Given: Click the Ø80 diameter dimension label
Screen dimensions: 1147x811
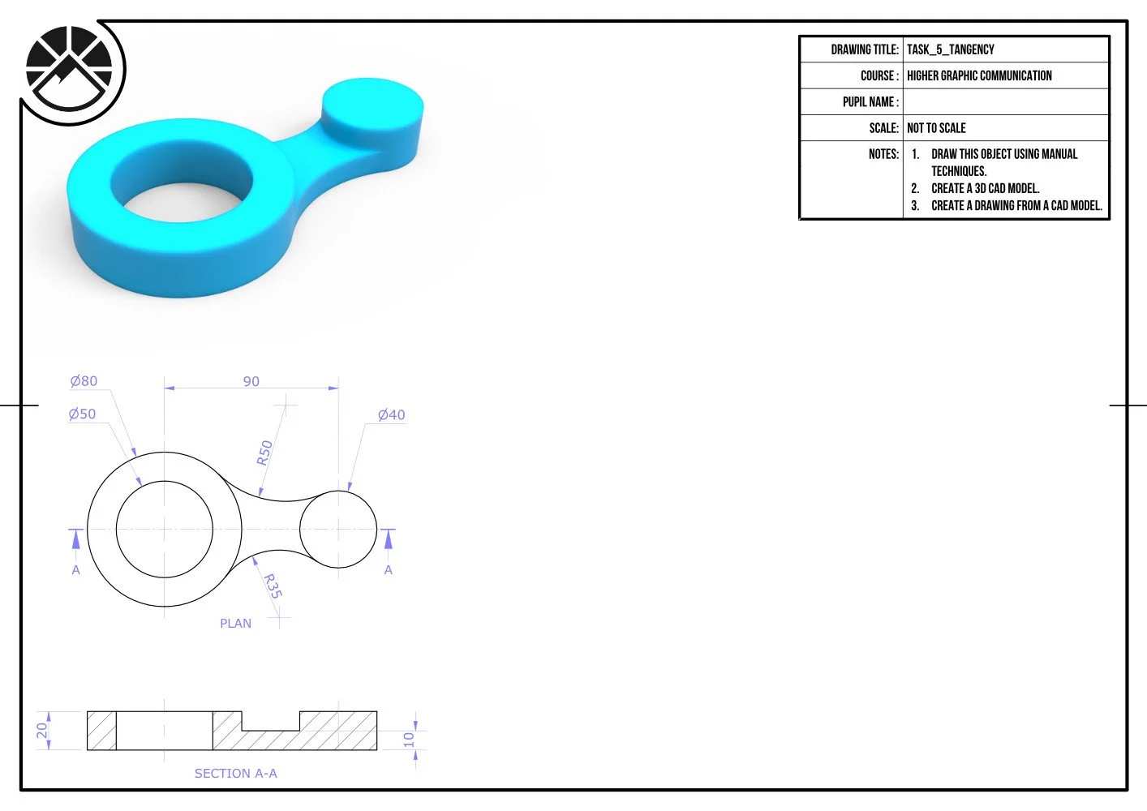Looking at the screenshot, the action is (x=84, y=381).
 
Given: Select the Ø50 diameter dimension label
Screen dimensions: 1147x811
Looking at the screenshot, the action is (x=83, y=414).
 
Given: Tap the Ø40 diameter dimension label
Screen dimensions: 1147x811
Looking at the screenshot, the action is (x=392, y=414).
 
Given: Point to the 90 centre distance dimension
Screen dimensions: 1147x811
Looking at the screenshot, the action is (x=251, y=381).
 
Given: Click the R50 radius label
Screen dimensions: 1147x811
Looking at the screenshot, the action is (x=264, y=453).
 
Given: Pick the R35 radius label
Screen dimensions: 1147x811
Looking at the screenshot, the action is (x=273, y=586).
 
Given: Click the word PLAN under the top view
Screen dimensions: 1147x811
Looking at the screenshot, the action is (x=235, y=624).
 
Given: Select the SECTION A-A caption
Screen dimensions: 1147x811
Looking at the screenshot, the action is (x=235, y=773).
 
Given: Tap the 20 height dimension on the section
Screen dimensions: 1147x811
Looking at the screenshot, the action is (x=42, y=730).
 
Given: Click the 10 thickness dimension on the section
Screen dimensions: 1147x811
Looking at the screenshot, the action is (x=408, y=740).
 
